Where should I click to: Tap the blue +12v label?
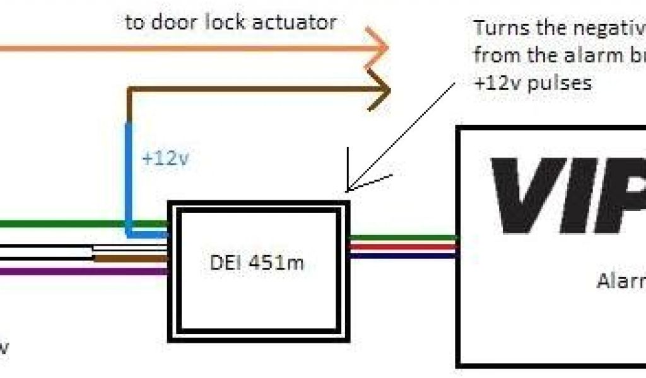click(165, 159)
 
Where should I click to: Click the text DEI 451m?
click(256, 261)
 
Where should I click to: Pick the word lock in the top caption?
click(221, 23)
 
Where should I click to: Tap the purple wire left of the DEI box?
click(82, 272)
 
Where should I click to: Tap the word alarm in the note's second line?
click(570, 55)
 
